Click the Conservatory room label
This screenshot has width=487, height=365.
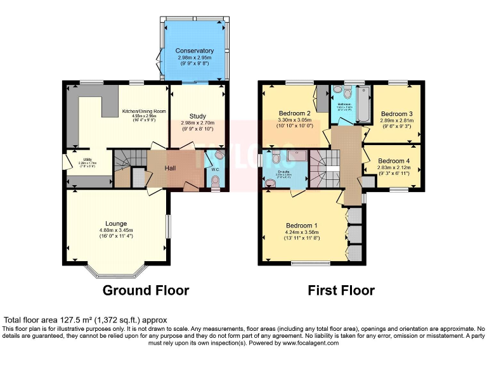point(195,51)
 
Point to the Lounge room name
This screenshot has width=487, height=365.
point(117,223)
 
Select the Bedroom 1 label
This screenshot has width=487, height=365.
point(302,226)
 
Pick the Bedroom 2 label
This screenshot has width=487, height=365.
point(295,114)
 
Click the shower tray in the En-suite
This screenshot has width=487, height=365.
point(294,155)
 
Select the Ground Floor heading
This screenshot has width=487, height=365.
point(146,291)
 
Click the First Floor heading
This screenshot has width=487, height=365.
point(341,291)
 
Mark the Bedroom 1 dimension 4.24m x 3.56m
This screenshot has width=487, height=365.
point(302,233)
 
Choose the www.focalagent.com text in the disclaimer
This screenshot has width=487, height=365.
point(308,343)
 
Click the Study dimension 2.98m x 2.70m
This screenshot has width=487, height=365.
point(198,123)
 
